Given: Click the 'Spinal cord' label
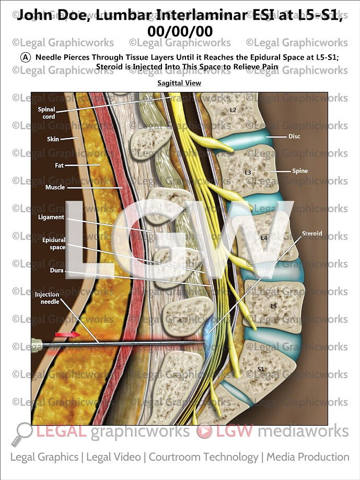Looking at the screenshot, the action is pos(46,113).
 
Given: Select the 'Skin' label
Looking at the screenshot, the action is pos(53,139).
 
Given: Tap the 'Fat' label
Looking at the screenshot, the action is pos(59,165).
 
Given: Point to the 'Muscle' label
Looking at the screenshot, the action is pos(55,187).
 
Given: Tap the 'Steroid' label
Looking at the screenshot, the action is pos(312,233).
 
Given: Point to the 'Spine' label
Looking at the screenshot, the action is pos(300,171).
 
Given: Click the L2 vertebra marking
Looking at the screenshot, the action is pos(233,110).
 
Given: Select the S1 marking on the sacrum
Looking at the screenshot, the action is pos(261,369).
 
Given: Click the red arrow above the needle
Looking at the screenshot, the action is pos(68,334).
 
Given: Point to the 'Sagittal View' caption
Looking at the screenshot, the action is pos(179,83).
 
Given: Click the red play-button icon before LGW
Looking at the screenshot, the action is pos(204,432).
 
